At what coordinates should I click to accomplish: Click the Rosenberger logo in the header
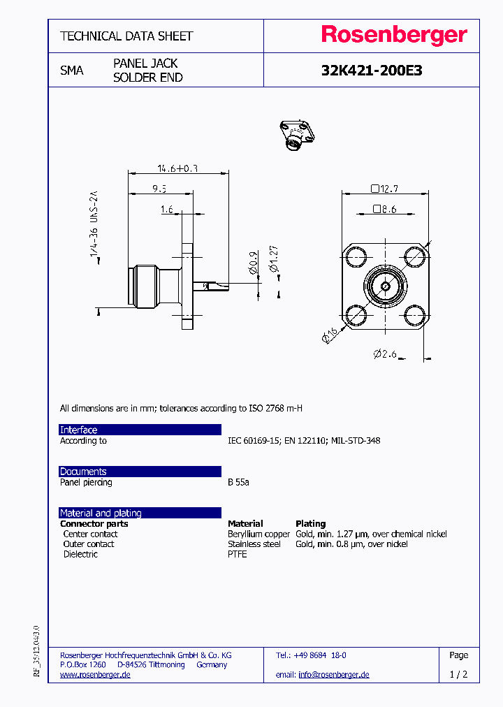click(x=393, y=36)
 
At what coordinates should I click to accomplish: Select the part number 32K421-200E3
click(x=371, y=71)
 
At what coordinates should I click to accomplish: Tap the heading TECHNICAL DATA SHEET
click(x=126, y=36)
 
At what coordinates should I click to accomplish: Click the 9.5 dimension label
click(x=159, y=188)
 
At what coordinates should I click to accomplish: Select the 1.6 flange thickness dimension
click(x=166, y=209)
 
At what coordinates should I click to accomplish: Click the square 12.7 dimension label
click(x=385, y=188)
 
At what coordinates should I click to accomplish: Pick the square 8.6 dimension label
click(x=385, y=208)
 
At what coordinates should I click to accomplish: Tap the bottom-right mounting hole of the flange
click(x=415, y=316)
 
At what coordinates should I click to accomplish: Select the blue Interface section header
click(x=140, y=430)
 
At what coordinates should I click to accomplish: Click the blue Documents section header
click(x=140, y=472)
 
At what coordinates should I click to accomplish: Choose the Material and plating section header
click(x=140, y=513)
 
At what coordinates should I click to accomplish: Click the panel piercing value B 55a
click(x=238, y=482)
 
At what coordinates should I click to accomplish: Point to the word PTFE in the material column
click(x=238, y=554)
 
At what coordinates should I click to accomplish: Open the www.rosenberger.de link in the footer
click(x=95, y=675)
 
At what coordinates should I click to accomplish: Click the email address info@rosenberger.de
click(x=333, y=675)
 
